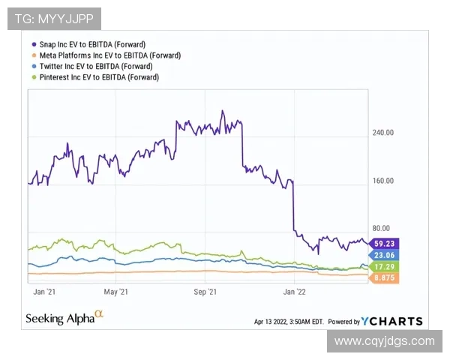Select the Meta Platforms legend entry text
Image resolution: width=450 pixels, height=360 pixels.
(109, 55)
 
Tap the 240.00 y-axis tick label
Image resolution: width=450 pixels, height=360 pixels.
(383, 133)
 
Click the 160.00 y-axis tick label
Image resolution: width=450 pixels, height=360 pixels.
(383, 181)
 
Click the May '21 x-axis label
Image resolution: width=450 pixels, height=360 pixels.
(116, 291)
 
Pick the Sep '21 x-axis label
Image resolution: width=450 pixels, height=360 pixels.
(205, 291)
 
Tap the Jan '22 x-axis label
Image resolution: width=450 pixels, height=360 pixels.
(293, 291)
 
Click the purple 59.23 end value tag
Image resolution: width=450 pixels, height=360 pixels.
(385, 243)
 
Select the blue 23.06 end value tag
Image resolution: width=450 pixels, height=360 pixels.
(385, 255)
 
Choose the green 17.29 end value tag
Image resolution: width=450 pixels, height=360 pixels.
(385, 267)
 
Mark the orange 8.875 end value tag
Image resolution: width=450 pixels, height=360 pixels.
(385, 278)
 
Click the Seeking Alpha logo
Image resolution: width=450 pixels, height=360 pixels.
(64, 318)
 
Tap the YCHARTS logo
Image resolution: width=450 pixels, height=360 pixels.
(391, 321)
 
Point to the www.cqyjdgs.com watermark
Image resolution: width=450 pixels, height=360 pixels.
(384, 341)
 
